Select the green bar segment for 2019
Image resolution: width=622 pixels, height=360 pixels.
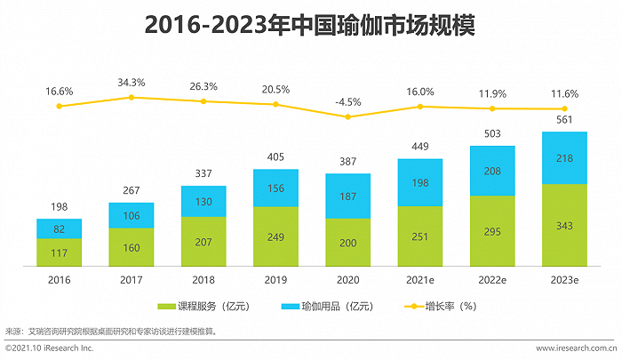275,236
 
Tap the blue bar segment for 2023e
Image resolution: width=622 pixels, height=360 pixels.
564,157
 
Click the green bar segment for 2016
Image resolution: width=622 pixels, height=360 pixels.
60,252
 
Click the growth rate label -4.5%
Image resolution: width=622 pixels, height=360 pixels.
347,101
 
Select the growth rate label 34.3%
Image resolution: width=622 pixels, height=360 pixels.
132,83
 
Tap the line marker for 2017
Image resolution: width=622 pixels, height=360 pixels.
132,97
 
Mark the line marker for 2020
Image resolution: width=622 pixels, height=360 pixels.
347,116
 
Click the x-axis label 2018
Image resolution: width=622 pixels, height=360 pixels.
203,277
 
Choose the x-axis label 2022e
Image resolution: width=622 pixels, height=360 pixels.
492,277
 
